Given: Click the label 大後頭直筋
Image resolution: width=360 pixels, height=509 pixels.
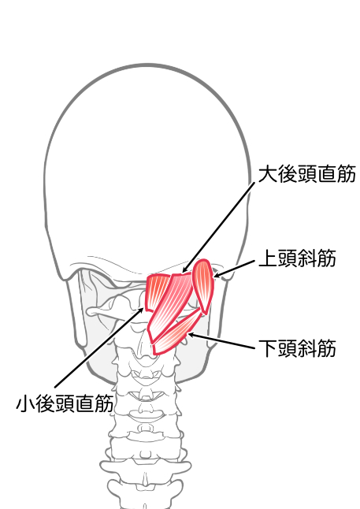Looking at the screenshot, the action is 306,174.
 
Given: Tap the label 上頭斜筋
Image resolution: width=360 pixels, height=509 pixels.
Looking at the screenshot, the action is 297,258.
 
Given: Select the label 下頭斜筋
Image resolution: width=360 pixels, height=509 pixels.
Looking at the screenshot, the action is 297,348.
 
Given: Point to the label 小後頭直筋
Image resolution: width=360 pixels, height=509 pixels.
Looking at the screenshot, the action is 65,403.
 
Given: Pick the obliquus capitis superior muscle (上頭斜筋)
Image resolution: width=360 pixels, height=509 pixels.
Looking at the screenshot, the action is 203,286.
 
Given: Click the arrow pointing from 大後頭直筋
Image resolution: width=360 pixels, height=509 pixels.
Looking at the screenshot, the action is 218,228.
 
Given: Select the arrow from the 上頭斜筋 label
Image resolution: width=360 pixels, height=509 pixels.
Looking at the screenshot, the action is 234,269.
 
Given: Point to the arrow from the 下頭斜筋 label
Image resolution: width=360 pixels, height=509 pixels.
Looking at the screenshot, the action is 221,341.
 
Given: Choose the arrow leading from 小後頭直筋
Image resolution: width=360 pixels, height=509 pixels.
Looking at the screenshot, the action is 99,347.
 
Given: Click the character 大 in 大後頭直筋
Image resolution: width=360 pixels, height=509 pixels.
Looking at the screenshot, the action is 268,174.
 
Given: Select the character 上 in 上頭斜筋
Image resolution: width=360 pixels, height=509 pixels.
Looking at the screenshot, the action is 268,258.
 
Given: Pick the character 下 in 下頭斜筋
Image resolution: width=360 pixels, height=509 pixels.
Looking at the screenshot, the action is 268,348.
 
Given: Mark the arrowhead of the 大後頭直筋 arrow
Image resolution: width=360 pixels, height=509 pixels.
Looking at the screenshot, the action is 184,269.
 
